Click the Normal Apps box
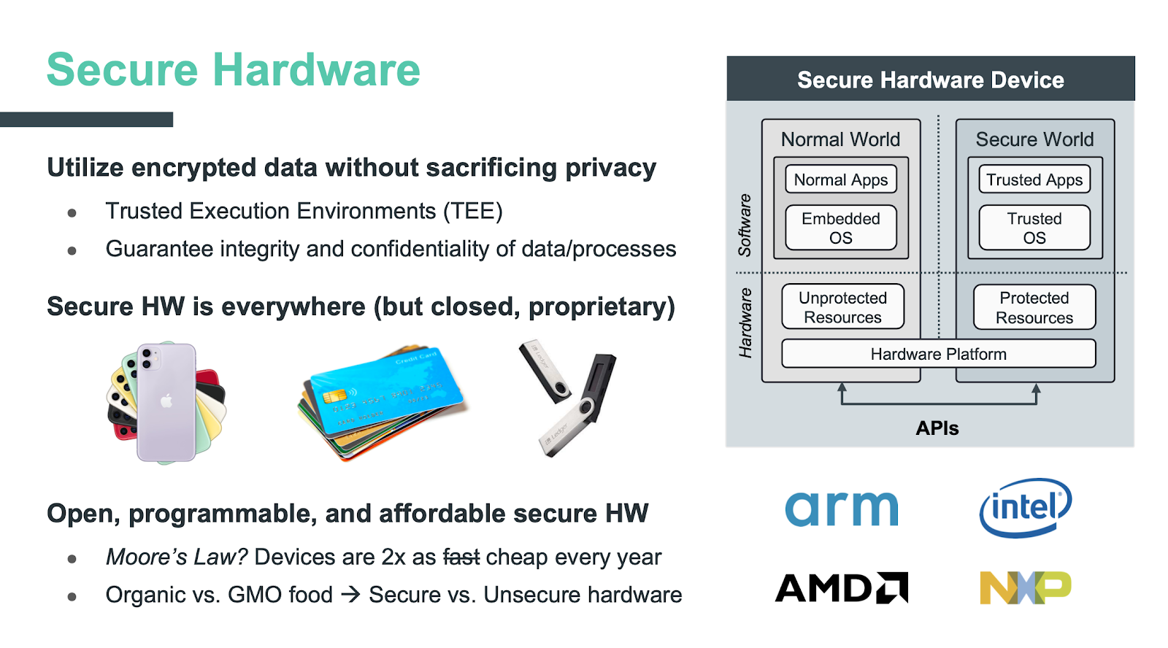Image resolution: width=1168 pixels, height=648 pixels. tap(840, 180)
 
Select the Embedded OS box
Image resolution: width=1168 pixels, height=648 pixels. tap(840, 228)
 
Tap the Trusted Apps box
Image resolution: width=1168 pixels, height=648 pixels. tap(1034, 180)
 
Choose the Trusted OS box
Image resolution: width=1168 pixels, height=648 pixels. tap(1034, 228)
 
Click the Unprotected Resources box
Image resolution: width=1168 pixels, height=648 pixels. tap(842, 307)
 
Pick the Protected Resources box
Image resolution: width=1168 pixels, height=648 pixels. tap(1034, 307)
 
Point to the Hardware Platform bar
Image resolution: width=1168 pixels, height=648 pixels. tap(938, 354)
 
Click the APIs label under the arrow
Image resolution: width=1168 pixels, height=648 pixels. tap(937, 428)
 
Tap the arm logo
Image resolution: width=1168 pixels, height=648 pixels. tap(841, 509)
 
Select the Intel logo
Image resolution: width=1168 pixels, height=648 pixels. tap(1025, 507)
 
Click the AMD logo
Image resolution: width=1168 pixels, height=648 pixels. tap(841, 587)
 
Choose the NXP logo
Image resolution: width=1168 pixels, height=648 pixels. tap(1025, 587)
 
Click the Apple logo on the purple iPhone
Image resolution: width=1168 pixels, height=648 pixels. tap(166, 401)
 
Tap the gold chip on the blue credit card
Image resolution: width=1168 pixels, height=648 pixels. tap(334, 396)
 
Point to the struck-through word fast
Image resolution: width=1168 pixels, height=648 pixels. tap(461, 557)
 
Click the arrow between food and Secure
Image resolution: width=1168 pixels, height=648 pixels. tap(351, 595)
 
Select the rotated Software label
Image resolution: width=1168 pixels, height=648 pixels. tap(745, 225)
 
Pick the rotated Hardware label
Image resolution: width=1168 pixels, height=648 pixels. tap(745, 323)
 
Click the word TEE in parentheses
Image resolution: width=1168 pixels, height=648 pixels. tap(473, 211)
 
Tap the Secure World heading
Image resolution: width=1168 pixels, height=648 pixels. tap(1034, 139)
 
